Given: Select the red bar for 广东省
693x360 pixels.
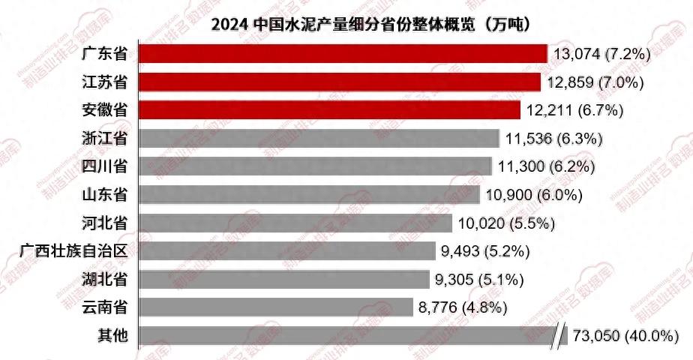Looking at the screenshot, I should coord(343,54).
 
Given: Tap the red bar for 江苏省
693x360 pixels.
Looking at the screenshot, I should coord(340,82).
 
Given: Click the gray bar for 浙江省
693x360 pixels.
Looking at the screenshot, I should coord(319,138).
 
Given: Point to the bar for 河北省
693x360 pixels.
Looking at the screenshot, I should coord(296,223).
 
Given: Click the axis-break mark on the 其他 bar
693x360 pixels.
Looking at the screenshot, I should coord(559,335).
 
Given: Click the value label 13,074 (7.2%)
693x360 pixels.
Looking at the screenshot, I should coord(601,54).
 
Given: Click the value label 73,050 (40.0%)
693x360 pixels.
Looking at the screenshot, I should coord(625,335).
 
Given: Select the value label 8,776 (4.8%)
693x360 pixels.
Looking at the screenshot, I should coord(464,307).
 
